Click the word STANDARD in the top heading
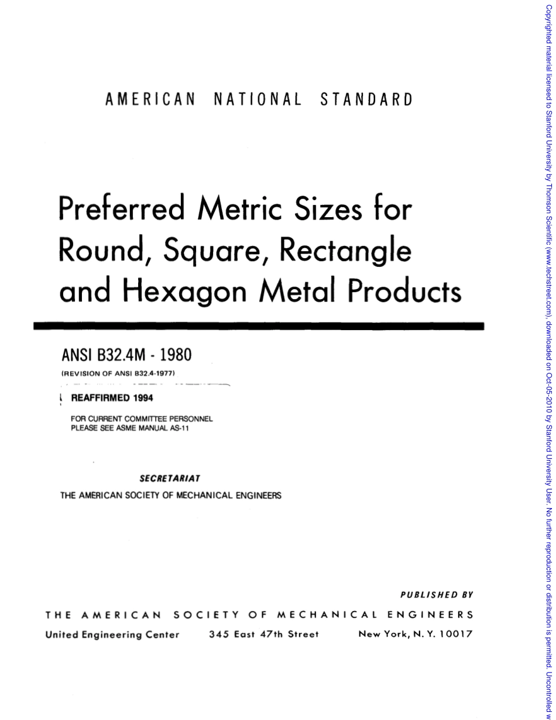coord(366,100)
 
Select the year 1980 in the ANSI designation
coord(174,355)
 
